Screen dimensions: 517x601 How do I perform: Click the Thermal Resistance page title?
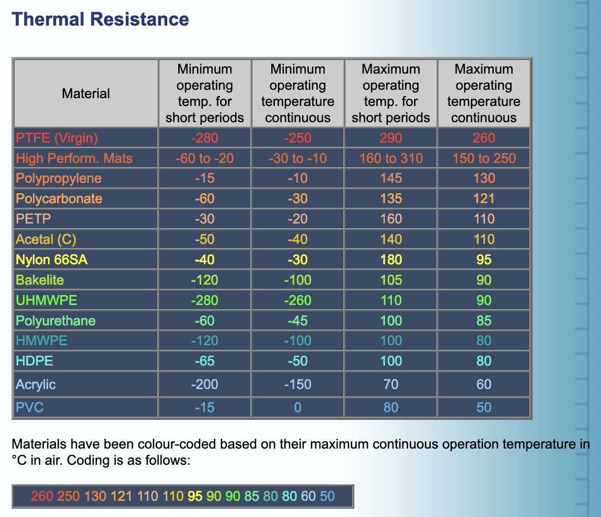[100, 19]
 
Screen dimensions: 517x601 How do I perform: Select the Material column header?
[86, 93]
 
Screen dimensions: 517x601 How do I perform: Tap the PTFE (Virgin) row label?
[57, 138]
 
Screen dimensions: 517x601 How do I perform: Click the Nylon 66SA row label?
[52, 260]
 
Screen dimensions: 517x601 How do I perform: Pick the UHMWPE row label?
[47, 300]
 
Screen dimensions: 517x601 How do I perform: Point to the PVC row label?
[30, 407]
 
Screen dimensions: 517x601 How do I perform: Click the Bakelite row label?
[40, 280]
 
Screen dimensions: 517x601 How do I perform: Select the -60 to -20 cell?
[204, 158]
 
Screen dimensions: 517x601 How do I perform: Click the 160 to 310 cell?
[391, 158]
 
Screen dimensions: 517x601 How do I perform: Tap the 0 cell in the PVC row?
[297, 407]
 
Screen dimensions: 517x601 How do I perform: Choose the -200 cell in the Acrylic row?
[204, 384]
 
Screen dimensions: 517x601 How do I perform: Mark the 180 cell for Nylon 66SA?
[391, 260]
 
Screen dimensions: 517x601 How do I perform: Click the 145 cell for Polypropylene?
[391, 179]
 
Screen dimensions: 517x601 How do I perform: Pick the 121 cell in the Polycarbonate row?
[484, 199]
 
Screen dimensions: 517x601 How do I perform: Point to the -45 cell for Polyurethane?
[297, 321]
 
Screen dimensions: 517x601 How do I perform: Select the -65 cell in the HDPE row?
[204, 361]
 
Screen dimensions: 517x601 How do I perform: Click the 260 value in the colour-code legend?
[42, 496]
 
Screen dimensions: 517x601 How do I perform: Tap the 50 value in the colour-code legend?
[327, 496]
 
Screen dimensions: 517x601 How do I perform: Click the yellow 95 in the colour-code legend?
[195, 496]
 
